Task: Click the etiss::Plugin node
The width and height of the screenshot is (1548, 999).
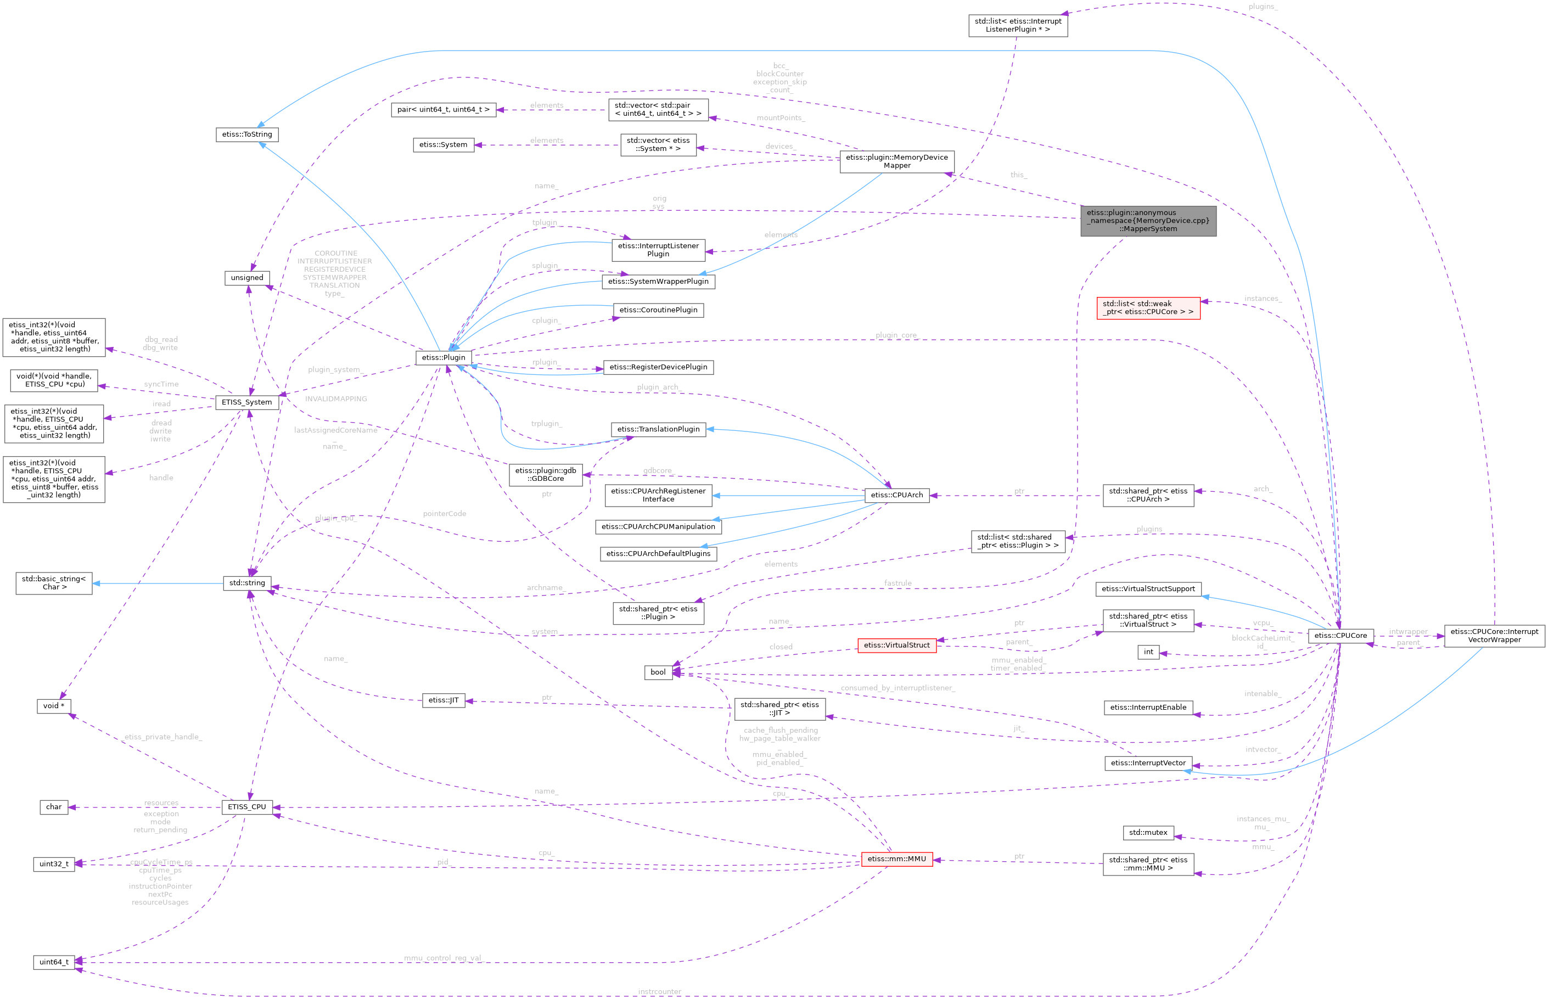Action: point(443,357)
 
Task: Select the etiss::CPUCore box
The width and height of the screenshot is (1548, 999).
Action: point(1341,636)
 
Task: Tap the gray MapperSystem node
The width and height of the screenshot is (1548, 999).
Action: point(1148,221)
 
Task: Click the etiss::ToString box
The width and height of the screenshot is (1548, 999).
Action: point(247,134)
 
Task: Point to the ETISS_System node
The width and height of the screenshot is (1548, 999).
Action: point(246,402)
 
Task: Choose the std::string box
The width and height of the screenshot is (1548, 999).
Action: point(247,583)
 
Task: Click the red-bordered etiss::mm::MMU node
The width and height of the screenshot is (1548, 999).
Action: point(896,859)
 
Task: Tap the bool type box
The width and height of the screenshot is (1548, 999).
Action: point(658,672)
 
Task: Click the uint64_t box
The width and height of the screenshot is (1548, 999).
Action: point(54,962)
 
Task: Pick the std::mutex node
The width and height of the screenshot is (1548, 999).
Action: point(1148,832)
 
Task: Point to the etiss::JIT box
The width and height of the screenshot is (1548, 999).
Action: point(443,700)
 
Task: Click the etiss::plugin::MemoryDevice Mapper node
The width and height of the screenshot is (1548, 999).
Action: point(896,161)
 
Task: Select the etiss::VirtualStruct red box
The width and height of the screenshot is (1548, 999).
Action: point(896,645)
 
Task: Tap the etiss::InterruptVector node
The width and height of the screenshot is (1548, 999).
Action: point(1148,763)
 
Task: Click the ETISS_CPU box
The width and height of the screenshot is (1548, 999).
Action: point(246,807)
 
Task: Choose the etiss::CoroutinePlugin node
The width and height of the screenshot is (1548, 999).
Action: point(658,310)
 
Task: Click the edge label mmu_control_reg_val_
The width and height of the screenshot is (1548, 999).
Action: point(444,958)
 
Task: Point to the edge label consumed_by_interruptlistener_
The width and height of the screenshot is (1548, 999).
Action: point(898,688)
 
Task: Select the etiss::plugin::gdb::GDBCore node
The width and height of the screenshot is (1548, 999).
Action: point(546,475)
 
